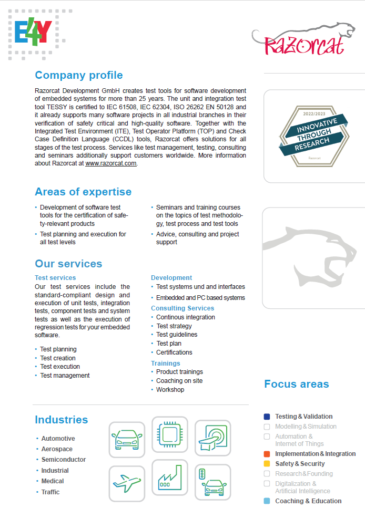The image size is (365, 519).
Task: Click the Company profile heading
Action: click(79, 75)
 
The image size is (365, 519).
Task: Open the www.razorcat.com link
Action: click(111, 163)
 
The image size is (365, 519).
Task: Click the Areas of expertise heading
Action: click(83, 192)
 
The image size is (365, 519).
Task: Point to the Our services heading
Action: click(68, 264)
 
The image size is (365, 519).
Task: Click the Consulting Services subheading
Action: click(182, 308)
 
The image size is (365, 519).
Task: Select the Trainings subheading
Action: click(166, 363)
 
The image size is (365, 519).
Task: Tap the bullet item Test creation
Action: click(58, 358)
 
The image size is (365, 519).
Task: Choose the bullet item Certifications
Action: click(174, 352)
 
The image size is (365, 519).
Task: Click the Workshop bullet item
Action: click(170, 390)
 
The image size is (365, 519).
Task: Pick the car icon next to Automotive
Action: click(127, 440)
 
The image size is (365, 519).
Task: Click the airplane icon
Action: click(127, 483)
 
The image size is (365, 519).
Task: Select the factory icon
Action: click(169, 478)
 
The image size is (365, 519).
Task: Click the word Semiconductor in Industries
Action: click(64, 460)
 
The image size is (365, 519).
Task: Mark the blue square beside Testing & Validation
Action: click(267, 417)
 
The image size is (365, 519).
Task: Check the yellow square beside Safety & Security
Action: click(267, 464)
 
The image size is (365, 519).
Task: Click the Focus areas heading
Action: click(297, 384)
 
